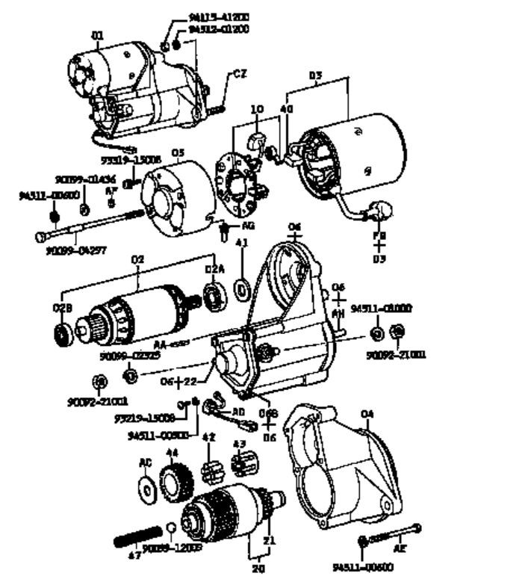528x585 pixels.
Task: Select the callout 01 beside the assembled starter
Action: (x=97, y=34)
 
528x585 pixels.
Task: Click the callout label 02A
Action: (x=214, y=269)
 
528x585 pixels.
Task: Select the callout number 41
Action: (x=241, y=244)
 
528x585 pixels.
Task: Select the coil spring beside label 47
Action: (x=138, y=536)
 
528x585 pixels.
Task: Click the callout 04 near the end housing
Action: (x=367, y=413)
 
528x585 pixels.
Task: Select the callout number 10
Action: (x=257, y=109)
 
